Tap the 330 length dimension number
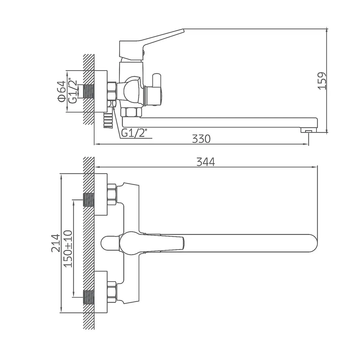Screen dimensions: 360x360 (x=201, y=139)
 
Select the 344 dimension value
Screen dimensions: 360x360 (x=205, y=162)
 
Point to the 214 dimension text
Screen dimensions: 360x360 (x=56, y=243)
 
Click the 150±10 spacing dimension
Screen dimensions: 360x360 (x=68, y=249)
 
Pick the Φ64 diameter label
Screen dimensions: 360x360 (x=62, y=91)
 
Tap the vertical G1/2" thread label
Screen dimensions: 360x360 (x=73, y=90)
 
